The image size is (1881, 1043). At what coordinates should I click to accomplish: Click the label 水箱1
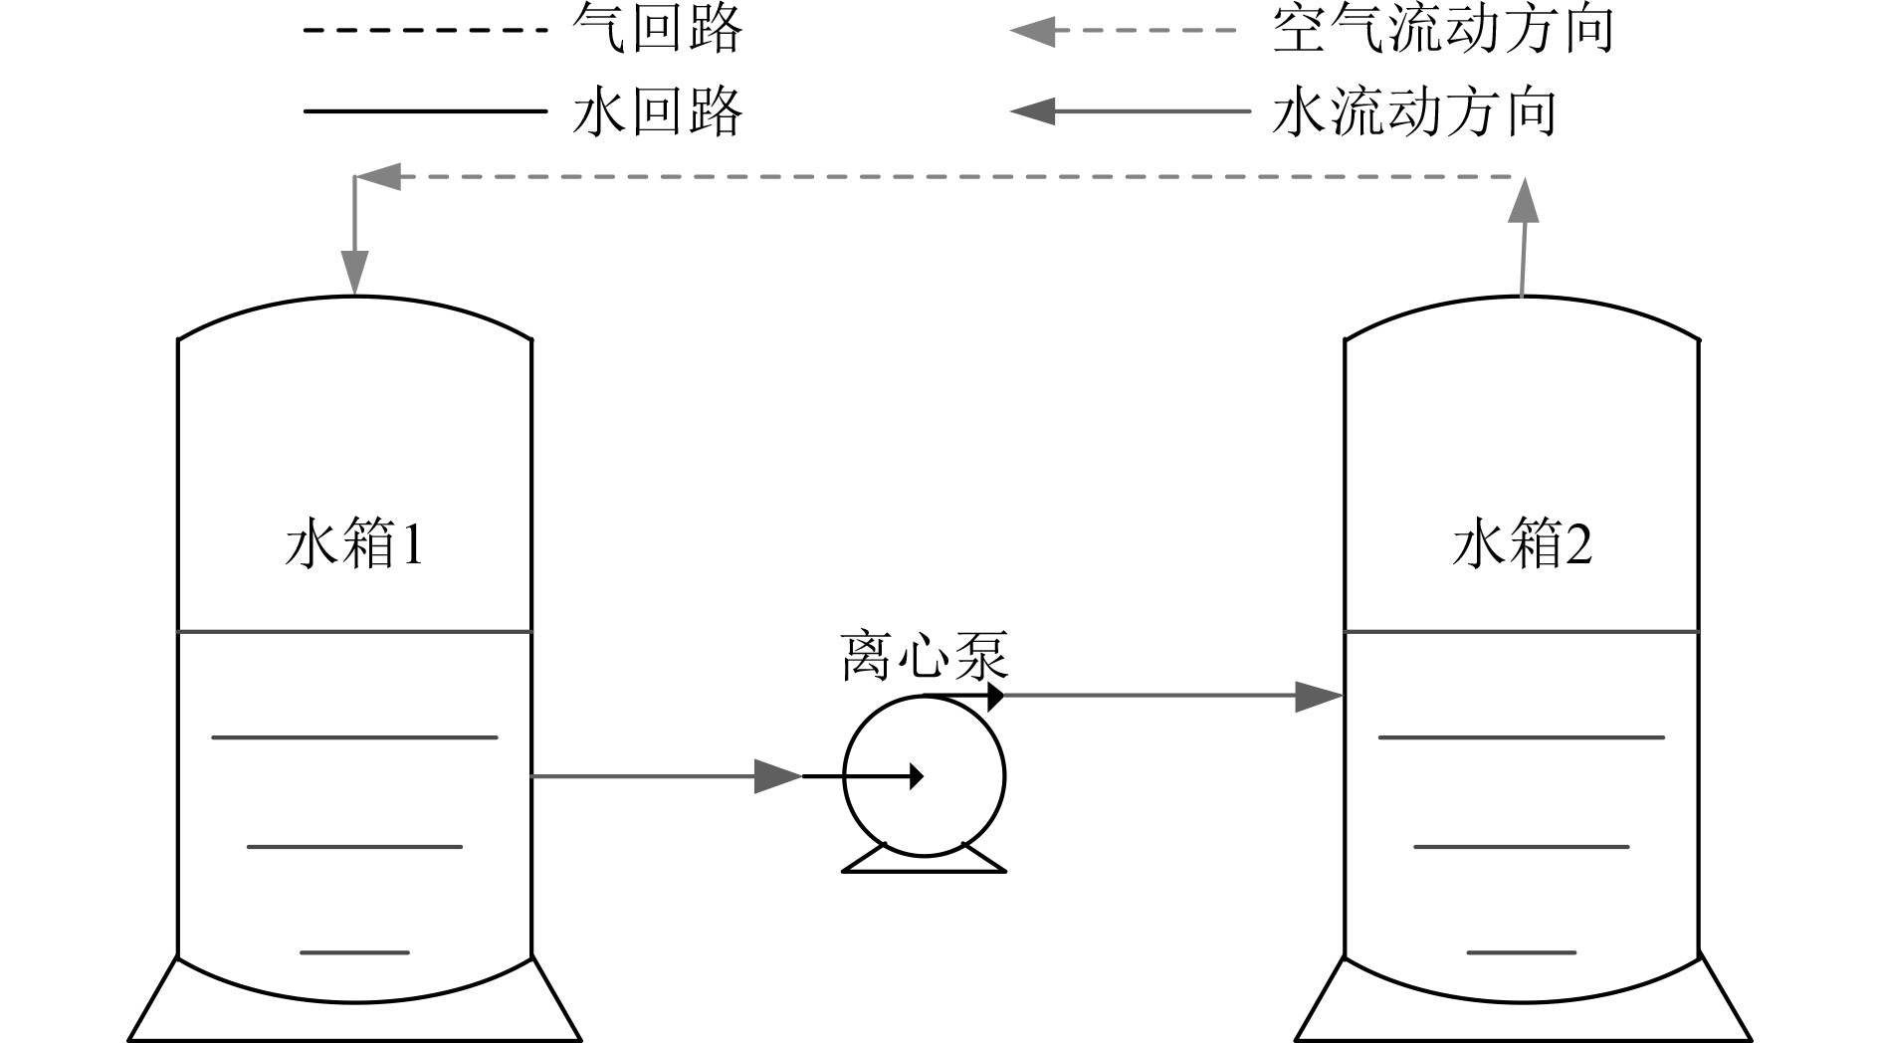click(354, 545)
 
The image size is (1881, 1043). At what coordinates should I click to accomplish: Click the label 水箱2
click(1522, 545)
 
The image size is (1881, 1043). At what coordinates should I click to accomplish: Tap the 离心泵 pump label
click(925, 657)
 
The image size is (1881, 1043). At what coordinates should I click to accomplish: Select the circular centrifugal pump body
click(925, 806)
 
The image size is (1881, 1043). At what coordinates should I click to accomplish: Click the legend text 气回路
click(658, 29)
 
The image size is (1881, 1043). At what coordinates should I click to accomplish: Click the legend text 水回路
click(658, 110)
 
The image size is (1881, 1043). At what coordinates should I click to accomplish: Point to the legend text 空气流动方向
click(1442, 29)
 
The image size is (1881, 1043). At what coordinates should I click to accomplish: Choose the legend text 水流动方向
click(1413, 110)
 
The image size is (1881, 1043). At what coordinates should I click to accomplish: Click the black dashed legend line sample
click(425, 30)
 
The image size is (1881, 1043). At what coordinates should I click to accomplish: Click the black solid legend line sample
click(425, 110)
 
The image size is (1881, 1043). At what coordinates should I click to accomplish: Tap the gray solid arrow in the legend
click(1130, 110)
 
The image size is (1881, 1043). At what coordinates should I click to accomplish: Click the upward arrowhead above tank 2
click(1523, 202)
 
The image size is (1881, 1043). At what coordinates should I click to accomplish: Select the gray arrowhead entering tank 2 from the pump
click(1319, 696)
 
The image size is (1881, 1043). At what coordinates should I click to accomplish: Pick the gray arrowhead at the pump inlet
click(778, 776)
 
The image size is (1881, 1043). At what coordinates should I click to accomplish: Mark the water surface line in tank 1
click(354, 631)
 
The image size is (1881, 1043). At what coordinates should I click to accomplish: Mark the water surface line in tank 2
click(1522, 631)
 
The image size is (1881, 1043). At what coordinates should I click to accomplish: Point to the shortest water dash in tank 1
click(354, 952)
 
